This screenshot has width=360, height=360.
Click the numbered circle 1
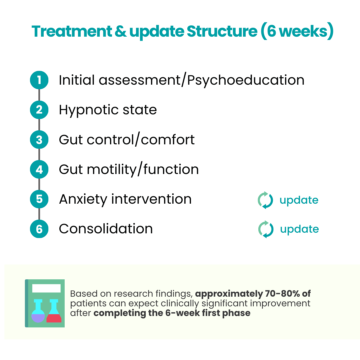(x=39, y=80)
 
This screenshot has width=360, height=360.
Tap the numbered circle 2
(x=39, y=110)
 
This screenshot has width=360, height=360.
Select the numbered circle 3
(x=39, y=140)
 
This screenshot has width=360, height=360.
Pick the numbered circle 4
(x=39, y=169)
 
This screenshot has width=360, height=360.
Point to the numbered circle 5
(x=39, y=199)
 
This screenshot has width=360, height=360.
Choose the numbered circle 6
(x=39, y=229)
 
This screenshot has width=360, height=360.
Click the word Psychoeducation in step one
(x=246, y=81)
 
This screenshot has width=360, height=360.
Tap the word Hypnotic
(x=89, y=110)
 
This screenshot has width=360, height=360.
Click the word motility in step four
(x=112, y=170)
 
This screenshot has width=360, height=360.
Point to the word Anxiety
(x=83, y=200)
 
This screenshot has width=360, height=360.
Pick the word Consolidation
(x=106, y=229)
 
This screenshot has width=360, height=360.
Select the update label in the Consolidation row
(x=299, y=229)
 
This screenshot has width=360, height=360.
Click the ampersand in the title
(x=120, y=31)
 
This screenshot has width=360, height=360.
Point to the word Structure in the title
(x=222, y=31)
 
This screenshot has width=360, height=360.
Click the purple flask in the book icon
(x=38, y=311)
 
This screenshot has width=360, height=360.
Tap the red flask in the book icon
(x=54, y=311)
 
